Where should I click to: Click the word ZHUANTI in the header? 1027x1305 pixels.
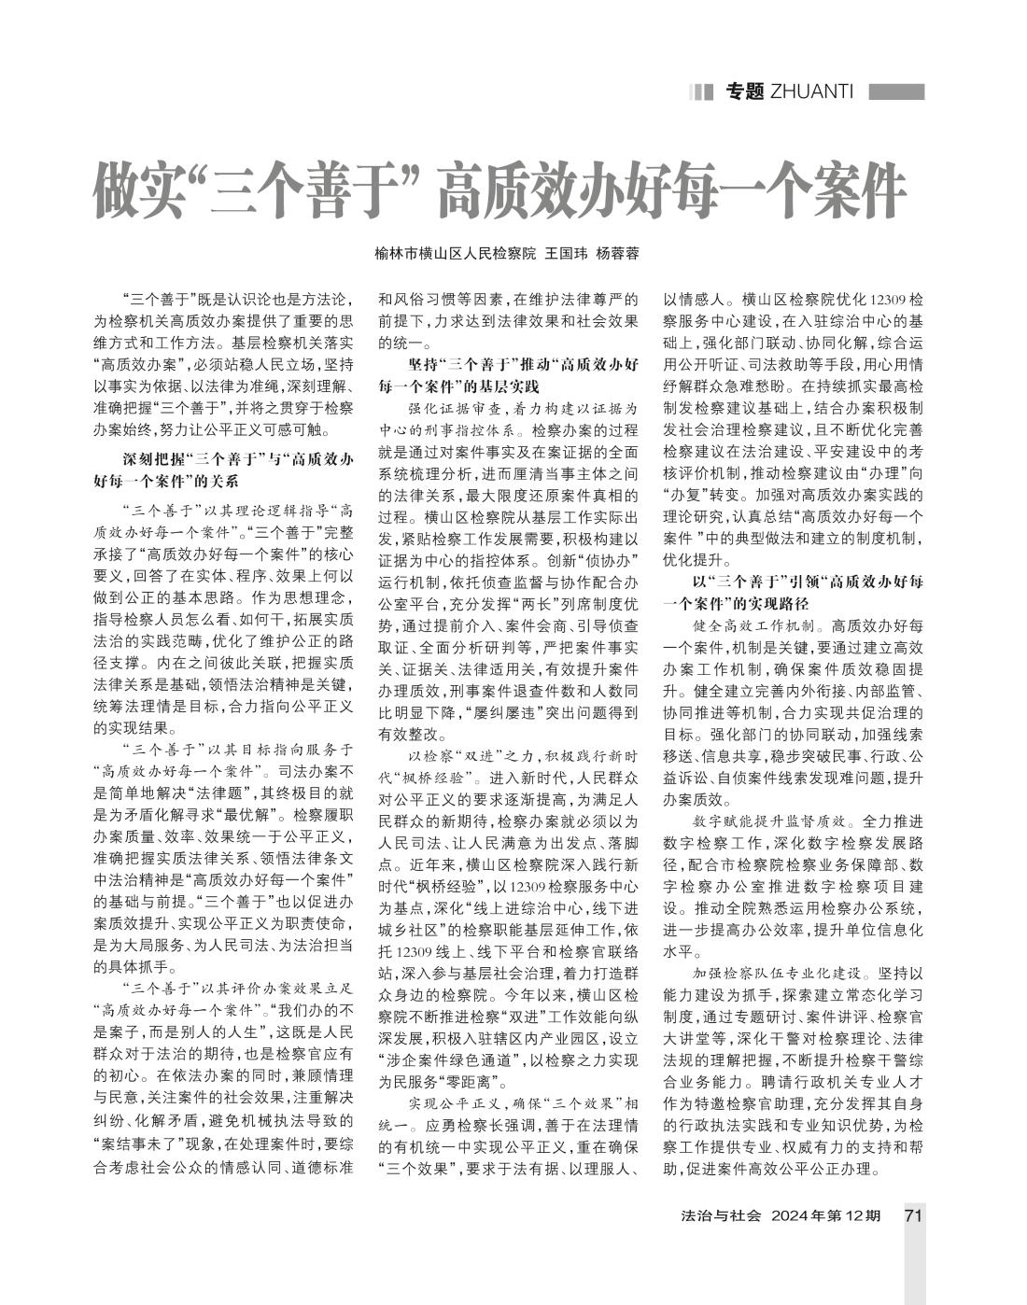813,91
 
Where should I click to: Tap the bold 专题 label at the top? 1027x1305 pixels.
745,91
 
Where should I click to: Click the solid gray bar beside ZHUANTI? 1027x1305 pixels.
896,91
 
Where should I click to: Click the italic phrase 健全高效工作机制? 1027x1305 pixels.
756,624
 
